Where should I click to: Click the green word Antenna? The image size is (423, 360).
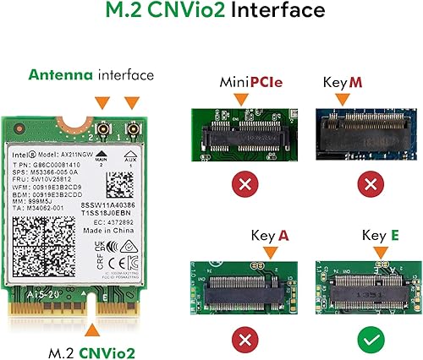(62, 75)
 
